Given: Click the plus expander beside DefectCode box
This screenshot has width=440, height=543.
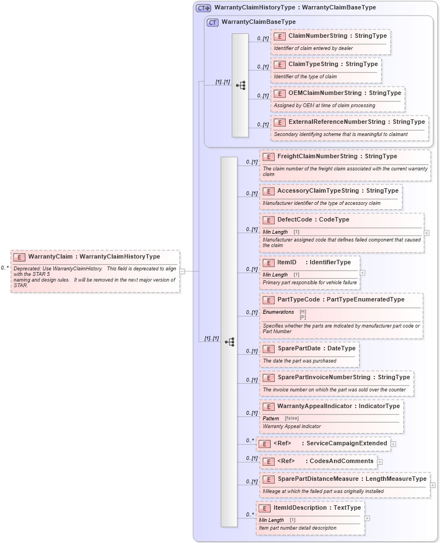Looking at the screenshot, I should (x=427, y=233).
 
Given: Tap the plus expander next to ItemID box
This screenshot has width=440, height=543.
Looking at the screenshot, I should (x=362, y=273).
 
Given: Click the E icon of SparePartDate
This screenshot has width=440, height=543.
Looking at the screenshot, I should (x=269, y=349).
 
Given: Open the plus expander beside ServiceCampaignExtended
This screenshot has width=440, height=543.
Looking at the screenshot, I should (x=393, y=444).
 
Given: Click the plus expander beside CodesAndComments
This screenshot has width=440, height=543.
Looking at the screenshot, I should (x=380, y=461).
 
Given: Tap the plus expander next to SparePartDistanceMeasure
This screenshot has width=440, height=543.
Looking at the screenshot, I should (x=433, y=485).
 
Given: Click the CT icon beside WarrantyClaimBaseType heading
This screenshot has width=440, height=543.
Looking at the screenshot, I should (x=213, y=22).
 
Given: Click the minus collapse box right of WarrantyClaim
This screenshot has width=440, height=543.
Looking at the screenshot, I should (x=181, y=271).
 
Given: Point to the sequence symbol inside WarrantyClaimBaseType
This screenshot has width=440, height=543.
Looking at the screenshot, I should (x=240, y=86).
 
